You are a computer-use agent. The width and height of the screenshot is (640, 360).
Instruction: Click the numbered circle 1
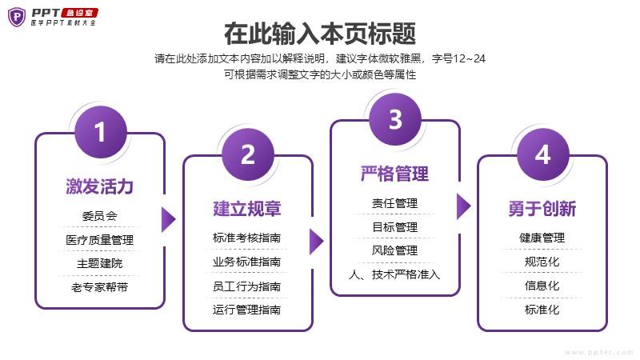(100, 133)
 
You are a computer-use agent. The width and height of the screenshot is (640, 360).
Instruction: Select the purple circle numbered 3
(395, 120)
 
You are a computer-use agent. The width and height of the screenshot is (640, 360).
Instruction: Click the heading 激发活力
(100, 187)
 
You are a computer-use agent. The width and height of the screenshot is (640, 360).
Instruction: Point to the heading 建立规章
(247, 209)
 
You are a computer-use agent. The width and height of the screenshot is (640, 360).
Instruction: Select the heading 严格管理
(395, 174)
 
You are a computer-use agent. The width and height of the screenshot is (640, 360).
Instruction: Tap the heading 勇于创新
(542, 209)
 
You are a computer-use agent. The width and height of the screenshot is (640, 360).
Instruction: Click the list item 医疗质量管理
(100, 239)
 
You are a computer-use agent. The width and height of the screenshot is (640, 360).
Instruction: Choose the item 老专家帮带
(100, 286)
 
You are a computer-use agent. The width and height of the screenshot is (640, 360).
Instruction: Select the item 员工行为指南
(247, 286)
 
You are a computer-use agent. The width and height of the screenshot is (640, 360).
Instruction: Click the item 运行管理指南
(247, 310)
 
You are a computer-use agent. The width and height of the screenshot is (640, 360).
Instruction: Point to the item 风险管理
(395, 250)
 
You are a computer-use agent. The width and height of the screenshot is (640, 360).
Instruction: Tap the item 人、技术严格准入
(395, 274)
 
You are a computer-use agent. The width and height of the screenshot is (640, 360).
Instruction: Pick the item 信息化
(542, 286)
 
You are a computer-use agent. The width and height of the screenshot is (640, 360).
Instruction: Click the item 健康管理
(542, 238)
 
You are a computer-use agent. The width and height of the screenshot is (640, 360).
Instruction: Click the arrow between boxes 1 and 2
(167, 219)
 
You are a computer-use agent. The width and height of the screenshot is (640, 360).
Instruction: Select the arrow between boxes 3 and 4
(463, 206)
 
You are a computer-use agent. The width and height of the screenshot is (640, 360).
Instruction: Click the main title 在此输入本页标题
(320, 34)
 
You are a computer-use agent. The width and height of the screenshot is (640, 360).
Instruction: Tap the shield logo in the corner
(16, 16)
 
